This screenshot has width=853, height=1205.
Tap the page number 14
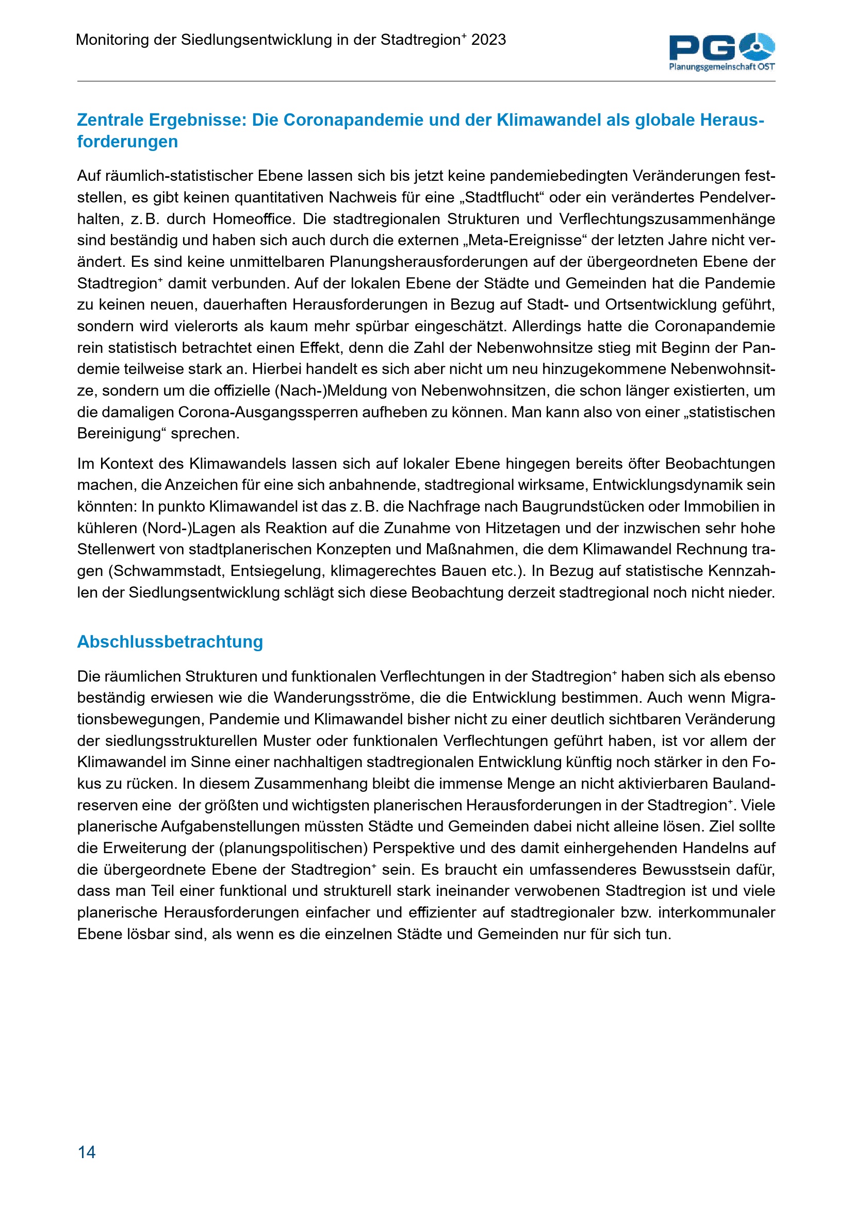(87, 1151)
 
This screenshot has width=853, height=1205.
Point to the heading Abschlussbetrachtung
(170, 641)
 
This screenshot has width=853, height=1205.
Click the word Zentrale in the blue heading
(110, 120)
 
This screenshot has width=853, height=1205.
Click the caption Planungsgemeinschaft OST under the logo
(721, 66)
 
